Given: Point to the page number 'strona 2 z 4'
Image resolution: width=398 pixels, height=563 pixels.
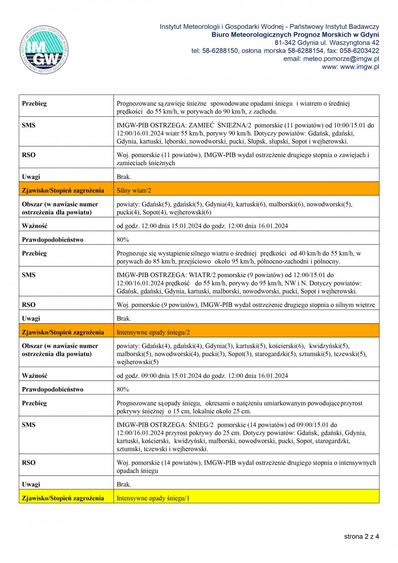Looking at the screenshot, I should point(361,537).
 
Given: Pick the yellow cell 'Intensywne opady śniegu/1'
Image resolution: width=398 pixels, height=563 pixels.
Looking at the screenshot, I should point(153,498).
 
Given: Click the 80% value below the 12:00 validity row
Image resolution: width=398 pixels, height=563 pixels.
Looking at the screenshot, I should point(122,239).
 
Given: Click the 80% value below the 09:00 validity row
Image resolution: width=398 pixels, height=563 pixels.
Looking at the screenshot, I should point(122,389).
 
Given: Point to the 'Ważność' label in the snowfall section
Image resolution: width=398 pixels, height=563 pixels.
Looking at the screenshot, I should point(34,375).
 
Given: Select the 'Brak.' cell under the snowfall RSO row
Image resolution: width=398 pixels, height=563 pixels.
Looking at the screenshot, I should point(124,484).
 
